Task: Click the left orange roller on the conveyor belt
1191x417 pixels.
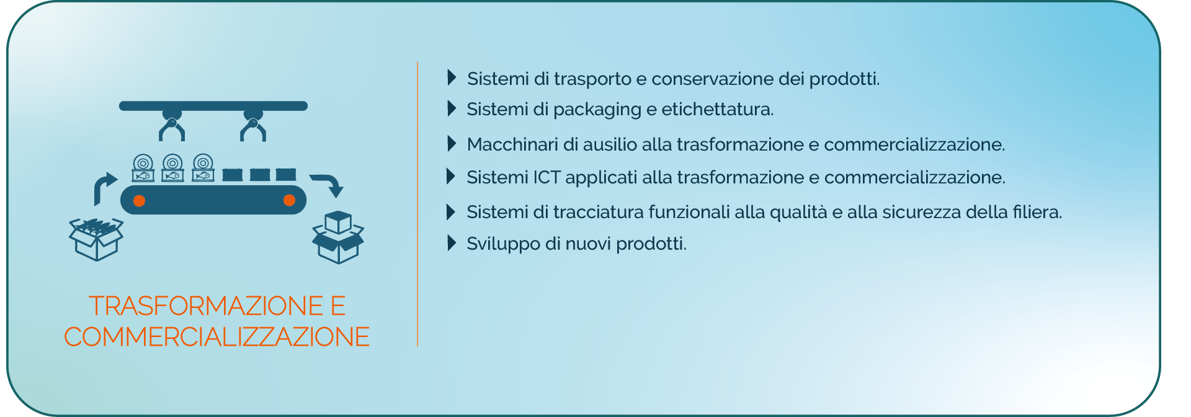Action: pos(140,200)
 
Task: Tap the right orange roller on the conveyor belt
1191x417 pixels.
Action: pos(289,200)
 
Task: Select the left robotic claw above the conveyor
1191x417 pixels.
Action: pos(172,126)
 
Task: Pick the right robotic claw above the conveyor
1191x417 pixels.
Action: pos(253,126)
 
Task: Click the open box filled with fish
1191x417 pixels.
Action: pos(96,239)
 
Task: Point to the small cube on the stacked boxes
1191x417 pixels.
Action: pos(338,222)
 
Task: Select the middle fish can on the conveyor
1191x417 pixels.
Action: pos(172,168)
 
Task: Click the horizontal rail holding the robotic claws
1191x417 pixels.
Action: pos(213,106)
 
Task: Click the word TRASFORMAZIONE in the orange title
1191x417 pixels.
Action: pos(206,305)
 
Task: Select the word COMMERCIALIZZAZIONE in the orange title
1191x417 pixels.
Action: pos(216,336)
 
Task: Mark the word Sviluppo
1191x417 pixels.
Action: pos(504,244)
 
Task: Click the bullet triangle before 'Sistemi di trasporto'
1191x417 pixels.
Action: pos(452,77)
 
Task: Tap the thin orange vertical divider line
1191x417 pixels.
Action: pos(417,204)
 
